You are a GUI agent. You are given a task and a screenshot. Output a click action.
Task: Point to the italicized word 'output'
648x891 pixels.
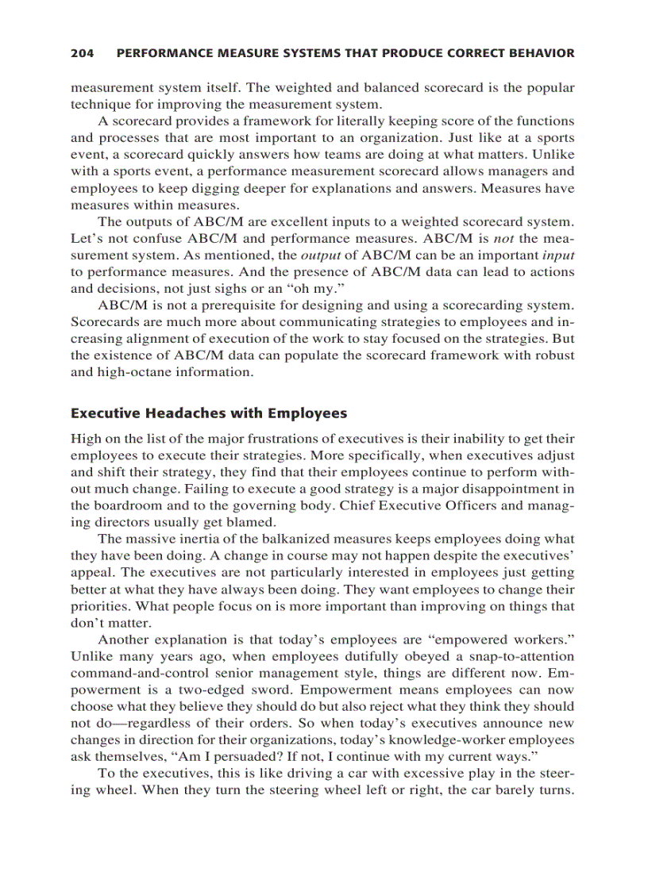click(x=320, y=255)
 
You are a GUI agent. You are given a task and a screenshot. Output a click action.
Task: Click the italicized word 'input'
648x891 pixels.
click(x=558, y=255)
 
